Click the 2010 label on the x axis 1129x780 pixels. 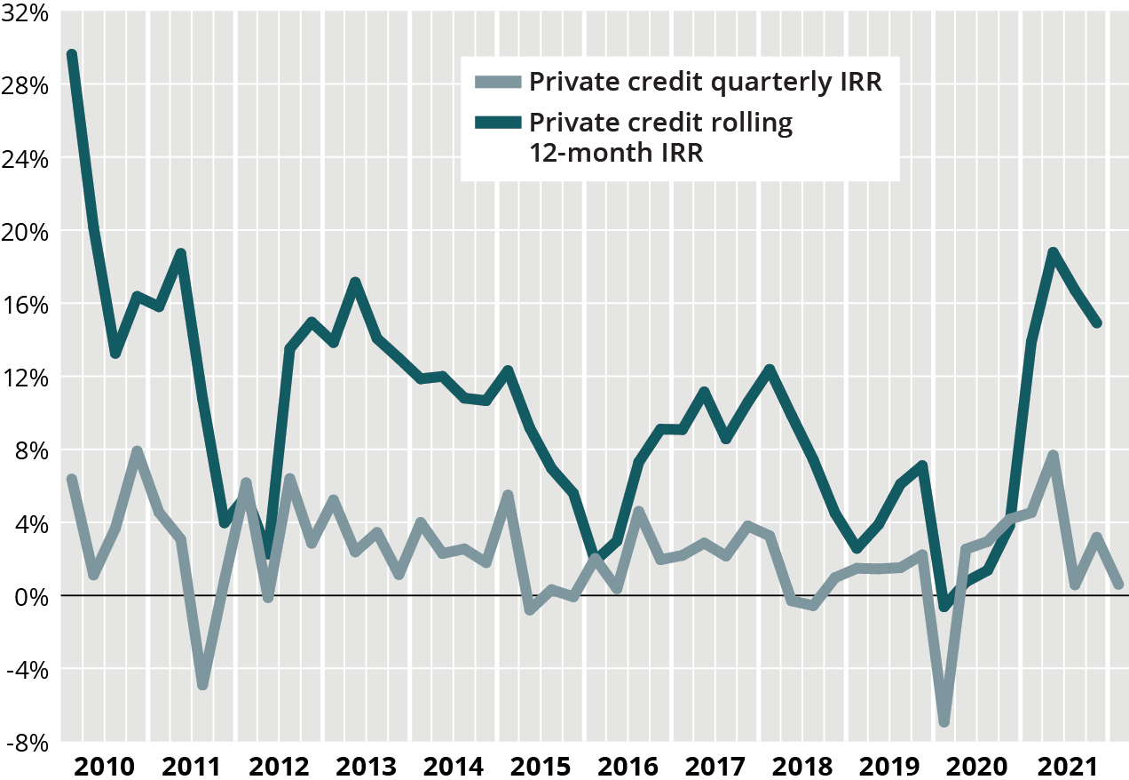104,766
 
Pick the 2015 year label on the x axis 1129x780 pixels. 540,766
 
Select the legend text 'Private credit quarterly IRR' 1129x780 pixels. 705,82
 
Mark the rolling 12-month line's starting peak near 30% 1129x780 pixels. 72,55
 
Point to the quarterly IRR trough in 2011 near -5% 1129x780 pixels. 202,685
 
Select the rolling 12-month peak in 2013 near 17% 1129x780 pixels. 355,283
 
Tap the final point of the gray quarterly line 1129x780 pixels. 1118,585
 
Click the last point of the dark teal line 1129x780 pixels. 1097,322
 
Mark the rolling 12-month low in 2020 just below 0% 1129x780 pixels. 944,606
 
